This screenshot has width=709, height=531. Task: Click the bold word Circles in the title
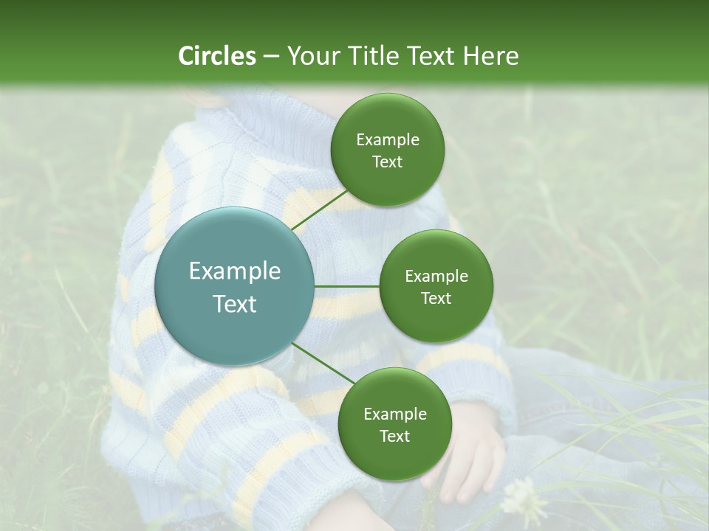(217, 56)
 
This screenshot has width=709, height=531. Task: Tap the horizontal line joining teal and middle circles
(347, 286)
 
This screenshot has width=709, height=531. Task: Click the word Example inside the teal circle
(235, 271)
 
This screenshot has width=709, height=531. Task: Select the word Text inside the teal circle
(235, 304)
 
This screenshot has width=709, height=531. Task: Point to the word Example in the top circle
(387, 140)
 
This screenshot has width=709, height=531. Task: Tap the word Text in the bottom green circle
(394, 436)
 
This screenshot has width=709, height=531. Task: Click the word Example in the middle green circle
(436, 277)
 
